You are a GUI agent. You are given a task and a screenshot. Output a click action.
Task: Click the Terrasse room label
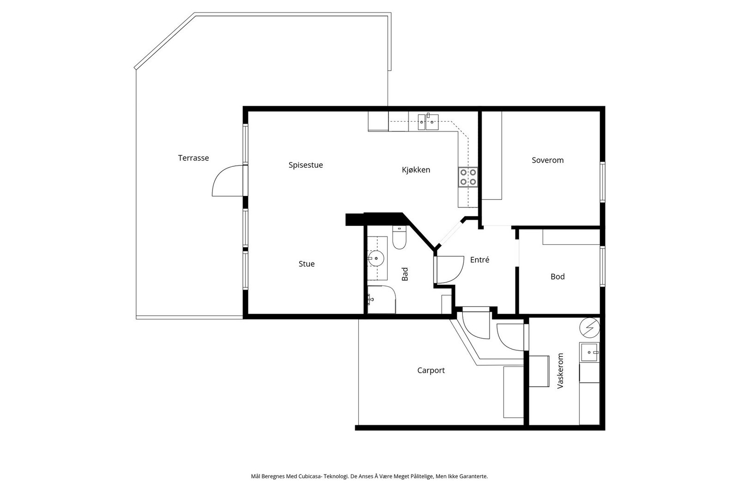(x=194, y=158)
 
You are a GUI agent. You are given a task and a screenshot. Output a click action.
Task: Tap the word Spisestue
(x=305, y=165)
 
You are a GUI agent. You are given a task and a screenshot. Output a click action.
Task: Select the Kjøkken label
(x=416, y=170)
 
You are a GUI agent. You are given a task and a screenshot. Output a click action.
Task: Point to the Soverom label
(x=547, y=160)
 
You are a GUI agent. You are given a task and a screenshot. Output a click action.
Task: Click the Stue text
(x=307, y=264)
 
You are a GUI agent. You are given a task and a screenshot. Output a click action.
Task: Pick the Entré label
(x=479, y=260)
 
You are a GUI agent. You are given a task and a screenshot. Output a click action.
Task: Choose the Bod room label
(x=557, y=276)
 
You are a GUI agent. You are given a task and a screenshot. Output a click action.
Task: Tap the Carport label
(x=431, y=371)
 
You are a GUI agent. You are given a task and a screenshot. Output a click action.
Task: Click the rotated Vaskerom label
(x=560, y=371)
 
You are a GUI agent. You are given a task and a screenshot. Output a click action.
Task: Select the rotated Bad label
(x=405, y=274)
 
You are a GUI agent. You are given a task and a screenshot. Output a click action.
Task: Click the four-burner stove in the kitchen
(x=468, y=177)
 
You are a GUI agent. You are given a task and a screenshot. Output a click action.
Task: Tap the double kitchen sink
(x=428, y=122)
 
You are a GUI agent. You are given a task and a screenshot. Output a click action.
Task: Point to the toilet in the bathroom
(x=399, y=237)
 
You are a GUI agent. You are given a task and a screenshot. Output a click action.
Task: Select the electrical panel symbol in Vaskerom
(x=590, y=327)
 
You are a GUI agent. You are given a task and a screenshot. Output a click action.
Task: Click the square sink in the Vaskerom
(x=589, y=353)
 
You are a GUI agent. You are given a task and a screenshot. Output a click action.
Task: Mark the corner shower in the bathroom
(x=382, y=299)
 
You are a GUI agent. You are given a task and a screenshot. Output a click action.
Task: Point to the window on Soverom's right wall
(x=602, y=182)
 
